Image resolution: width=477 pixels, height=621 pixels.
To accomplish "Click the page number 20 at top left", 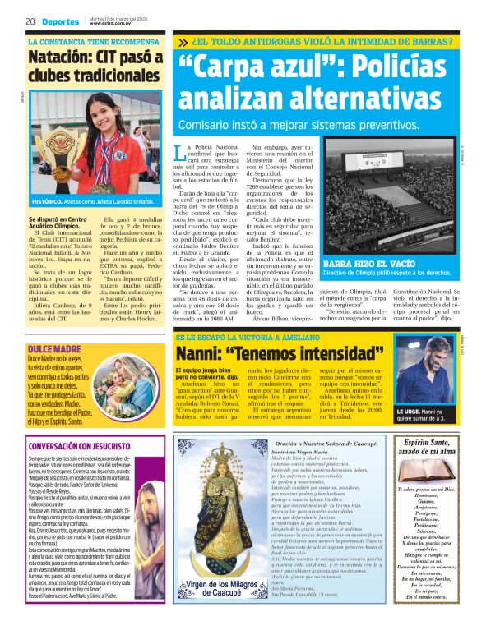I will coord(30,21).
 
